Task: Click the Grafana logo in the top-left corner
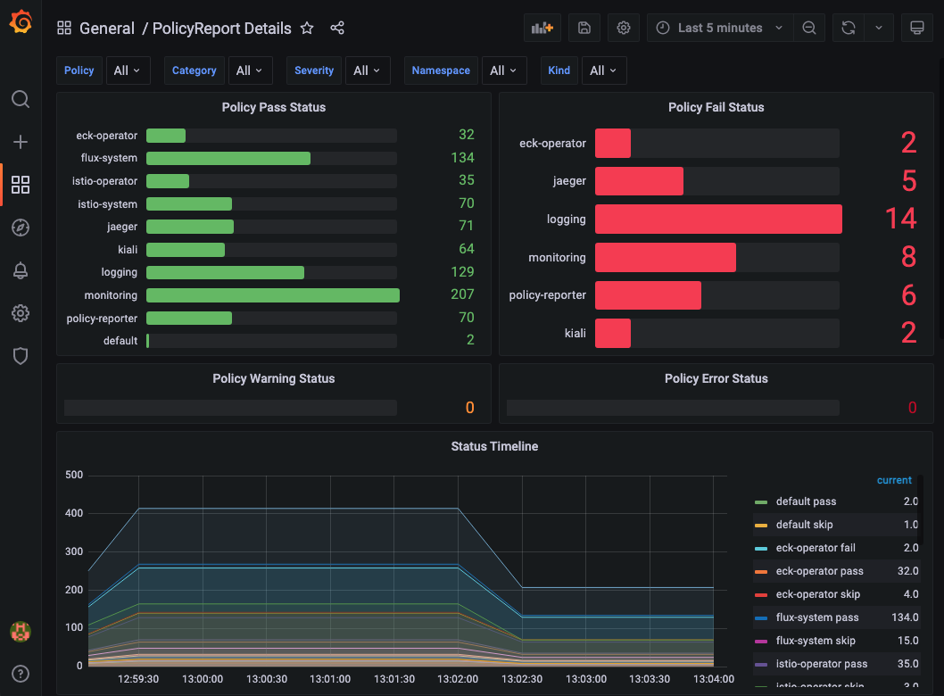click(21, 21)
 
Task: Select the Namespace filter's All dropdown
click(504, 70)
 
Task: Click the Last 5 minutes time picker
click(720, 28)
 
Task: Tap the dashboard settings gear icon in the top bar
click(624, 28)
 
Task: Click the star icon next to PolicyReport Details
click(307, 29)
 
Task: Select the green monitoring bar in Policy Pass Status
click(272, 295)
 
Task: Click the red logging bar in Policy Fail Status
click(718, 220)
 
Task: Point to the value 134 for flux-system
click(462, 158)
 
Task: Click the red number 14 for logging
click(900, 219)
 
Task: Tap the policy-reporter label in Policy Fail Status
click(547, 295)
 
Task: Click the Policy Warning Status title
click(273, 378)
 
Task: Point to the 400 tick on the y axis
click(73, 513)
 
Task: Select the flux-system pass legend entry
click(816, 617)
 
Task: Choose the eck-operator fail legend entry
click(816, 548)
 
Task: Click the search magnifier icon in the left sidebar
click(21, 99)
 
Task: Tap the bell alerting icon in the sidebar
click(21, 270)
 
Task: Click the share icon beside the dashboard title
click(337, 29)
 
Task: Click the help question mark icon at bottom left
click(21, 674)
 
